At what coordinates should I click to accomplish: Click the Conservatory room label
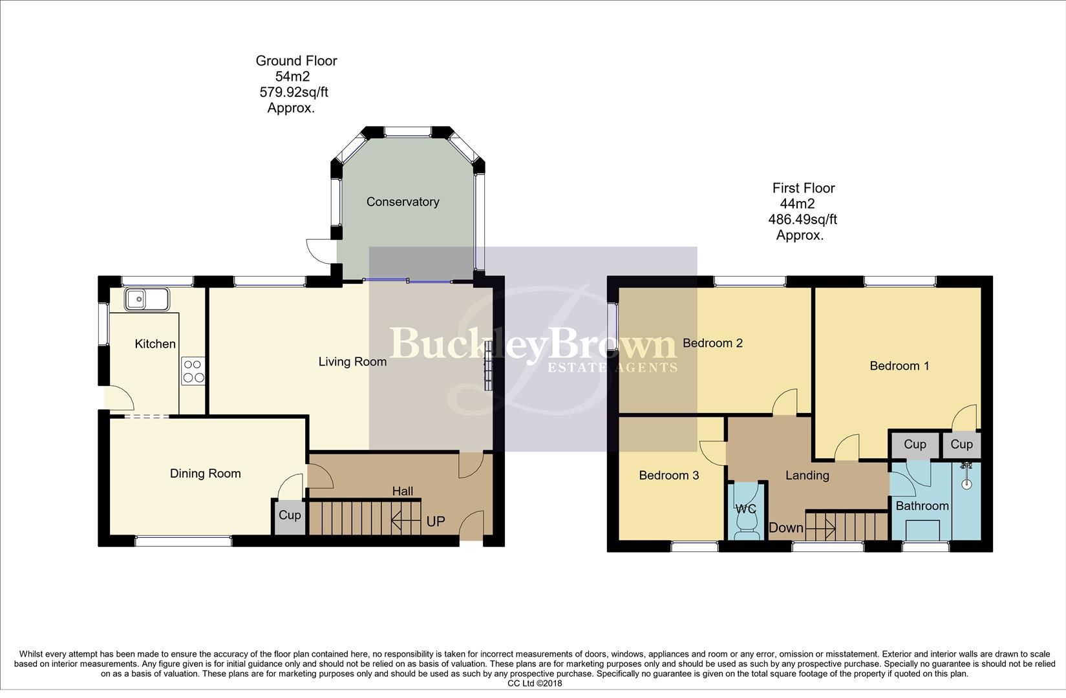(403, 202)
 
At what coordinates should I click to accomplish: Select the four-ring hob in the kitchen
(193, 371)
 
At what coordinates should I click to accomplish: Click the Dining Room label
(205, 474)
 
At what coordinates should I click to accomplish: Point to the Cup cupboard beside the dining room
(289, 516)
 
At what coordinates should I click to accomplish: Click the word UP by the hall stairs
(436, 522)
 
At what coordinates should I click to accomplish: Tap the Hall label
(402, 492)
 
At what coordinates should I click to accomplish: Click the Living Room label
(352, 362)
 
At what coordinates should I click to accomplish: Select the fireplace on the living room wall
(488, 366)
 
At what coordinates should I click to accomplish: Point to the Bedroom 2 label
(712, 343)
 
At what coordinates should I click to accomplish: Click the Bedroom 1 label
(899, 366)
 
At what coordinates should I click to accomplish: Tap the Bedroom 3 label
(668, 476)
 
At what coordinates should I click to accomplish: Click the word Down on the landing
(785, 528)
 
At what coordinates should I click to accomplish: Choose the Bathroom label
(922, 506)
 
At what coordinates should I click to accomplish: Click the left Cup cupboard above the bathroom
(914, 445)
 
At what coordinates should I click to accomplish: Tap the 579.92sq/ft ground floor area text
(293, 92)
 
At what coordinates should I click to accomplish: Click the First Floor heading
(804, 188)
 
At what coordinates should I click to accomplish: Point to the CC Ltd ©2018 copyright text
(534, 683)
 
